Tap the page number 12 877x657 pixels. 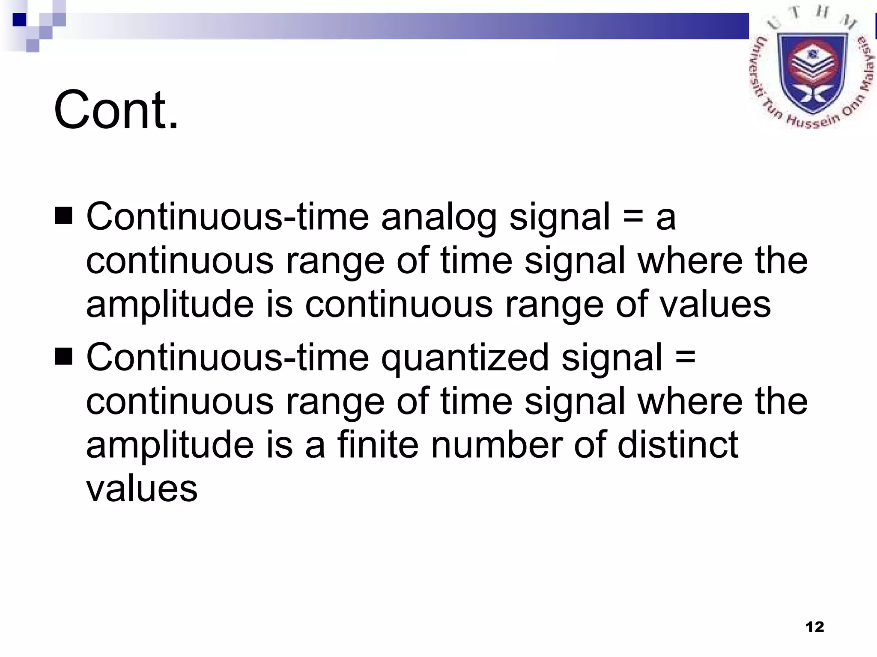coord(814,627)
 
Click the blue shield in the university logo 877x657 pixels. coord(812,73)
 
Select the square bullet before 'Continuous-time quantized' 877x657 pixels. coord(63,356)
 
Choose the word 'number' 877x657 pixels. coord(497,445)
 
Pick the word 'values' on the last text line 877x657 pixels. coord(142,489)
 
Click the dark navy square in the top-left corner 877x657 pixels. coord(20,20)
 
